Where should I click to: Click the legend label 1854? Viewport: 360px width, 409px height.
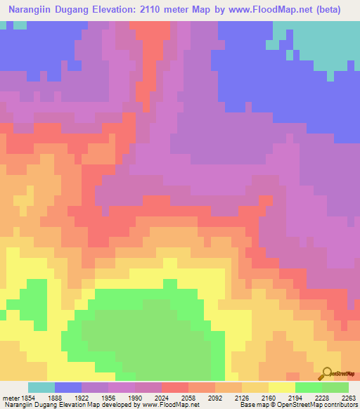click(27, 397)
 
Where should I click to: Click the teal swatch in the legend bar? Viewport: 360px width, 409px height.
click(41, 387)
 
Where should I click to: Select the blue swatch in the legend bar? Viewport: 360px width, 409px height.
click(68, 387)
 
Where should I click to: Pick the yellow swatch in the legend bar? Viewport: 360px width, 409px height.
click(282, 387)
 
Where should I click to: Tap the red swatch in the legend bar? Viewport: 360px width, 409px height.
click(175, 387)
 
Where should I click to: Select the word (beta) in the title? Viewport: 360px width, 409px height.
click(328, 10)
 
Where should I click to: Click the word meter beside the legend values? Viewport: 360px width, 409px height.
click(10, 397)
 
